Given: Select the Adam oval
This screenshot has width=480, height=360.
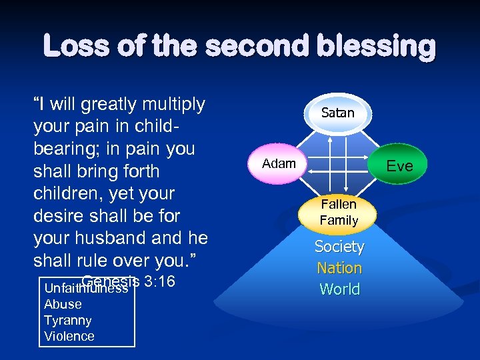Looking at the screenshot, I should point(279,163).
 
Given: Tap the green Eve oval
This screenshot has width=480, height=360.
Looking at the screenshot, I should point(399,166).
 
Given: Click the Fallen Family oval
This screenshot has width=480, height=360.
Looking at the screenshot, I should point(339,212).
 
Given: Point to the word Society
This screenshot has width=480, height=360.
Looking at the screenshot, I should point(339,247).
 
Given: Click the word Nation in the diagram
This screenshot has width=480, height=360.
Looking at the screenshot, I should point(339,268).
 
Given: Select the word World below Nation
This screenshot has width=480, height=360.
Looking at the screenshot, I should point(339,289).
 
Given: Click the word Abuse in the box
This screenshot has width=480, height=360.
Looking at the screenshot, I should point(63,304).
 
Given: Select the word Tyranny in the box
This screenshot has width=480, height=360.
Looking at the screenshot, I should point(67,320).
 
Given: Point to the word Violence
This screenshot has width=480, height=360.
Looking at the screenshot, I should point(69,336).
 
